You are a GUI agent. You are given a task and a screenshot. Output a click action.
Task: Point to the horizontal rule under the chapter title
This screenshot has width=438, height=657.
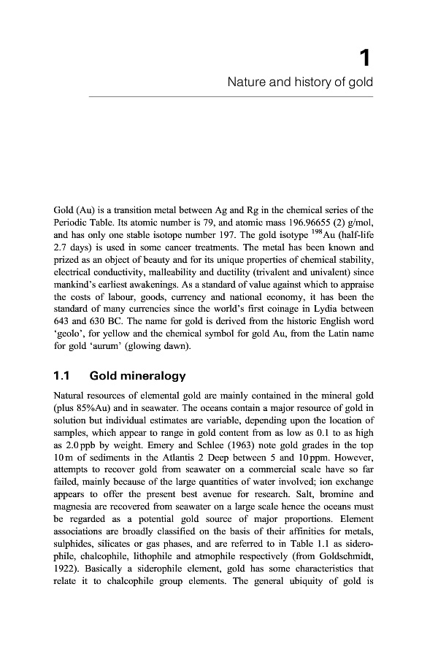pyautogui.click(x=230, y=96)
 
